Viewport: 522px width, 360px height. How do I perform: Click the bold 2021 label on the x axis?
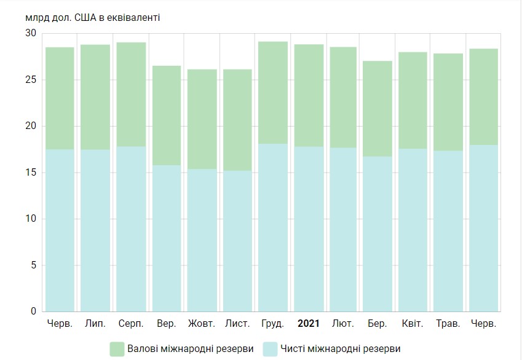[x=309, y=324]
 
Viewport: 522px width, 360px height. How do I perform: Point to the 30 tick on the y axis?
[x=31, y=33]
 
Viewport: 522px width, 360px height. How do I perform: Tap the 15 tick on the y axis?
[x=31, y=173]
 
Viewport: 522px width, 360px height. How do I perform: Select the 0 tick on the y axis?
[x=34, y=311]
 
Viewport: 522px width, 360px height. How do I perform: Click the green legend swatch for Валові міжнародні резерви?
[x=117, y=349]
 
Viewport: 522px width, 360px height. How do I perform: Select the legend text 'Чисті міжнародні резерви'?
[x=335, y=349]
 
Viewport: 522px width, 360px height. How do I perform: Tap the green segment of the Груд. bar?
[x=273, y=92]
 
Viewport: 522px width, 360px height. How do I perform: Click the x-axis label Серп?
[x=131, y=324]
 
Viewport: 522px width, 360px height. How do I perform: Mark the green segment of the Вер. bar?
[x=167, y=115]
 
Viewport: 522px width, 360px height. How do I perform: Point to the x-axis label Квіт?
[x=413, y=324]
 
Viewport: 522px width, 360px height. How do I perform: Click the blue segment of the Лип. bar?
[x=95, y=230]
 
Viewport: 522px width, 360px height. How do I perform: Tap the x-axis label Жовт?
[x=202, y=324]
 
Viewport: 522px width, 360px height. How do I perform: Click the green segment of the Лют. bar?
[x=343, y=97]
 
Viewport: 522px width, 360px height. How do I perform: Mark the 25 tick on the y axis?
[x=31, y=80]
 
